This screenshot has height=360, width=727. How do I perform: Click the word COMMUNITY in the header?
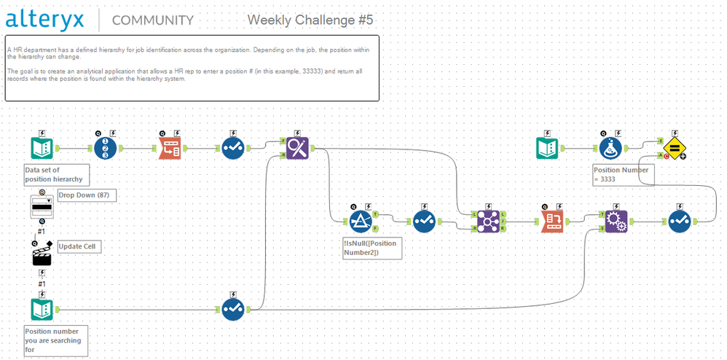coord(152,20)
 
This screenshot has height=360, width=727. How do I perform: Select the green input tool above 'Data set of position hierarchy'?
coord(42,148)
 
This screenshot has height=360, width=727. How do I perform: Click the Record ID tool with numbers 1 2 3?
coord(105,148)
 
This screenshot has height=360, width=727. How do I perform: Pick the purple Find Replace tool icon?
coord(297,148)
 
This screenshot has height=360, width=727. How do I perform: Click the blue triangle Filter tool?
coord(361,221)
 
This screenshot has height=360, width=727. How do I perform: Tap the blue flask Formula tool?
coord(611,148)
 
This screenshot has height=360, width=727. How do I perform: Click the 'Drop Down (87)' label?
coord(87,195)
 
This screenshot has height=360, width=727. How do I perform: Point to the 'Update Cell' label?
coord(79,246)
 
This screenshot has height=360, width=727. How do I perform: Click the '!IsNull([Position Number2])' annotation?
coord(371,248)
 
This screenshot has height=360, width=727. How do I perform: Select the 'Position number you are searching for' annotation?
coord(55,340)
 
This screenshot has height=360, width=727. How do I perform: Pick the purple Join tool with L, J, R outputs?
coord(488,221)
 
